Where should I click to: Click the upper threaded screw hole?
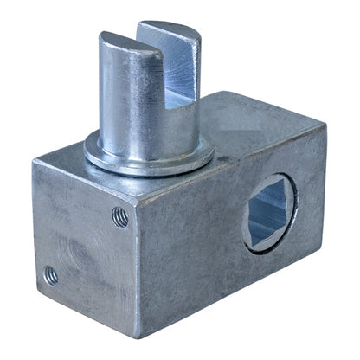(x=120, y=216)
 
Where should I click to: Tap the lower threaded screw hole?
(x=51, y=276)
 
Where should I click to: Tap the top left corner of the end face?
(x=35, y=162)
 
